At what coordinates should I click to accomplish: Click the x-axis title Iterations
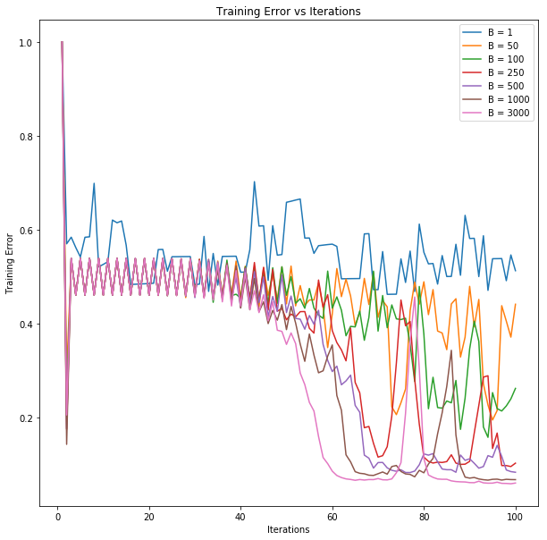coord(288,529)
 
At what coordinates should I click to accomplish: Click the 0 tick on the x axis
coord(54,516)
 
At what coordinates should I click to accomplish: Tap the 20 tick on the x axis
coord(149,516)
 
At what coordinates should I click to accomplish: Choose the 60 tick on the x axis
coord(332,516)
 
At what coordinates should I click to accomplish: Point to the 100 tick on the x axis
coord(516,516)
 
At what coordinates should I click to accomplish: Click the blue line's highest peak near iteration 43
coord(254,182)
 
